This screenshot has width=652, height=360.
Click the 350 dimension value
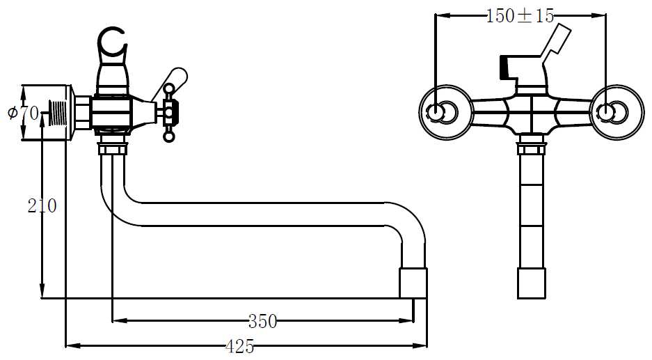262,321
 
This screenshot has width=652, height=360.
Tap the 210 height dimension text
42,205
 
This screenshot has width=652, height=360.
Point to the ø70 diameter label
23,111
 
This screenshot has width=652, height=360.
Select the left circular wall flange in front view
441,111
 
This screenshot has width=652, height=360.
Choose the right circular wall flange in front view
610,111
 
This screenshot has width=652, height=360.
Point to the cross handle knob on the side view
168,111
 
